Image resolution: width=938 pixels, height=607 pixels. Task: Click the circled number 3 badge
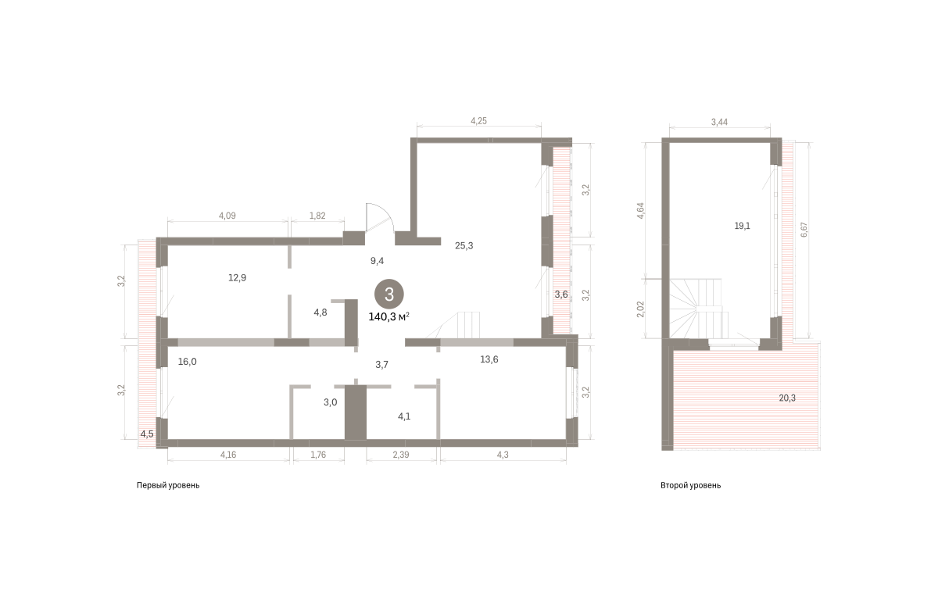click(x=389, y=295)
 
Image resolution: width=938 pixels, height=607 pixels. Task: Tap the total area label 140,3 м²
click(x=388, y=317)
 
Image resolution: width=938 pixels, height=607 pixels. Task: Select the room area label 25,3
click(x=464, y=246)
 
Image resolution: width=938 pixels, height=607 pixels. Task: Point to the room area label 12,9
click(x=237, y=277)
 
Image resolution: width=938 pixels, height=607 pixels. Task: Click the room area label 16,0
click(x=187, y=362)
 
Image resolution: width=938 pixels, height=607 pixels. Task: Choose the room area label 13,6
click(x=489, y=359)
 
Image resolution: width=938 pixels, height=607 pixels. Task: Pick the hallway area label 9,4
click(x=377, y=261)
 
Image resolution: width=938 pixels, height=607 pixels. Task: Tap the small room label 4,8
click(x=320, y=312)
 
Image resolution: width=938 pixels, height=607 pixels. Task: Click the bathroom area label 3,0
click(x=331, y=402)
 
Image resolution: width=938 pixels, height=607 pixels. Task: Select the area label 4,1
click(x=404, y=416)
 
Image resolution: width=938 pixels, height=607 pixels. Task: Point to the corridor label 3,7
click(x=381, y=365)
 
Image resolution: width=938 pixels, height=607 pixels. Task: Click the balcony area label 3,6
click(x=561, y=295)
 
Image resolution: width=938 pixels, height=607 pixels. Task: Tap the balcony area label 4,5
click(x=147, y=434)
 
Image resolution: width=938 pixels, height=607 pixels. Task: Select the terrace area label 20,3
click(x=787, y=398)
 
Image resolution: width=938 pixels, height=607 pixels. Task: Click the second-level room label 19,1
click(x=742, y=226)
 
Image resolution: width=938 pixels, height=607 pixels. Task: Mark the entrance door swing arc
click(x=388, y=212)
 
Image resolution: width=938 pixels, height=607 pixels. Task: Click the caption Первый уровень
click(x=168, y=486)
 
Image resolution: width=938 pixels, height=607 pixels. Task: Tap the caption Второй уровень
click(x=690, y=486)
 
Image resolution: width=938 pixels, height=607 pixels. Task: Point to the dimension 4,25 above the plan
click(x=478, y=121)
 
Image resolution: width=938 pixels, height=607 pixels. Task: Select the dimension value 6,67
click(x=804, y=230)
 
